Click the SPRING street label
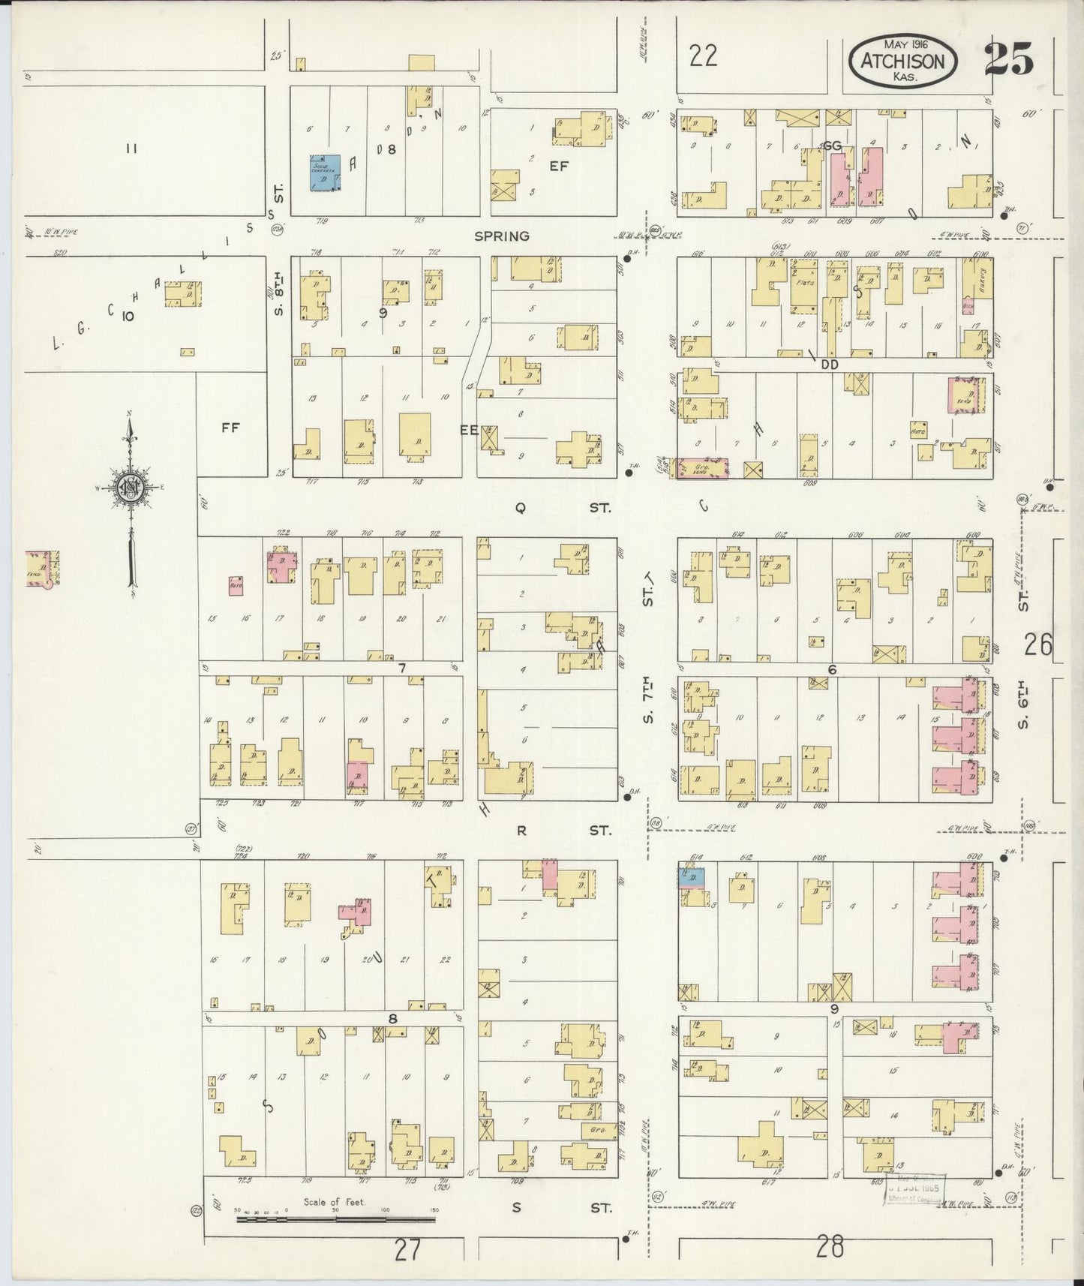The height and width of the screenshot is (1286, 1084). click(501, 236)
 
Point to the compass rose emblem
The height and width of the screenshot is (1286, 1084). click(130, 488)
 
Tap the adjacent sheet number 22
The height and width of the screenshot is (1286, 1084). click(703, 56)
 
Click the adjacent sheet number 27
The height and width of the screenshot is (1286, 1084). click(406, 1251)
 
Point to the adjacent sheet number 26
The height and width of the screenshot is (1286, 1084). click(1039, 645)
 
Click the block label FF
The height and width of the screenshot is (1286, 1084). click(230, 428)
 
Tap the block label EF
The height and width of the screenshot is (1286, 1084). click(558, 167)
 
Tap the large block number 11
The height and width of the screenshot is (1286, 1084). click(131, 149)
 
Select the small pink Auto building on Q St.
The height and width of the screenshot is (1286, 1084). click(236, 584)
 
